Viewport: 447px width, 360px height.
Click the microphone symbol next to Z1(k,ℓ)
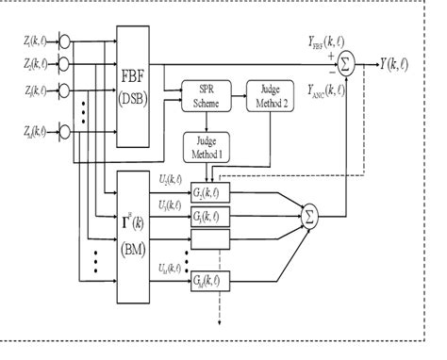pos(63,40)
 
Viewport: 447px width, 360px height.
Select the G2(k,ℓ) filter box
pos(207,188)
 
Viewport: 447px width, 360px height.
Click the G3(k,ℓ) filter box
pos(207,216)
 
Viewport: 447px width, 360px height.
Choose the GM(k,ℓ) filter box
pos(207,280)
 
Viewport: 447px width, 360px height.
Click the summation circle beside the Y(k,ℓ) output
pos(347,64)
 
